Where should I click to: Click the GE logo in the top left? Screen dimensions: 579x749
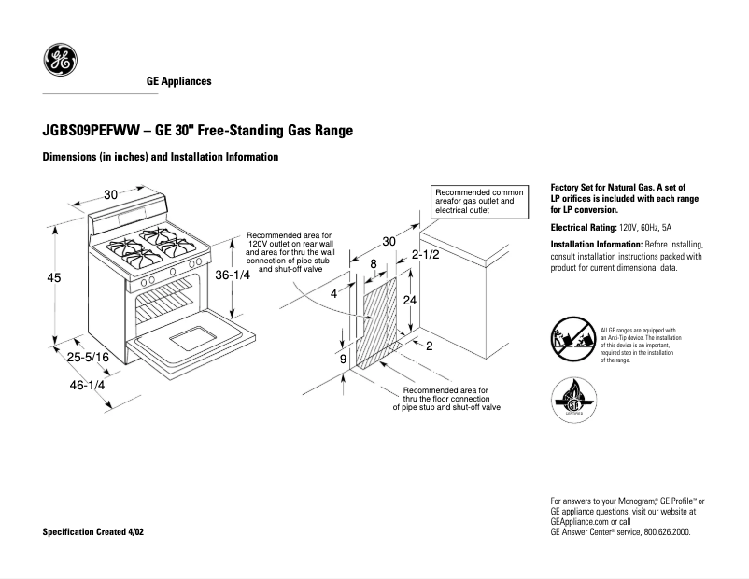[61, 62]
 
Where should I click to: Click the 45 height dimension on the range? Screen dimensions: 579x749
[54, 276]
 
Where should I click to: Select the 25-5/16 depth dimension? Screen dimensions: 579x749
[87, 357]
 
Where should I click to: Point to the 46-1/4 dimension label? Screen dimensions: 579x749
[85, 384]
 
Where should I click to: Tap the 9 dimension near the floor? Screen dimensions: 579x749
[344, 359]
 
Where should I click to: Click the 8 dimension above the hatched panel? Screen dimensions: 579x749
[374, 264]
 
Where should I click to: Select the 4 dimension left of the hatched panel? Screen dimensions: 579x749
[333, 293]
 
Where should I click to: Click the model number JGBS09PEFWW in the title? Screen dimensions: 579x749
[84, 131]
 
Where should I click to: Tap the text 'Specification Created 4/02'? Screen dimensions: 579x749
[93, 531]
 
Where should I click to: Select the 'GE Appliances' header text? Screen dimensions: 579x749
[178, 81]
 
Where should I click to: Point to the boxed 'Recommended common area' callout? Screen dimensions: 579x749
[483, 202]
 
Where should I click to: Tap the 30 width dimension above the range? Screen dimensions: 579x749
[110, 194]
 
